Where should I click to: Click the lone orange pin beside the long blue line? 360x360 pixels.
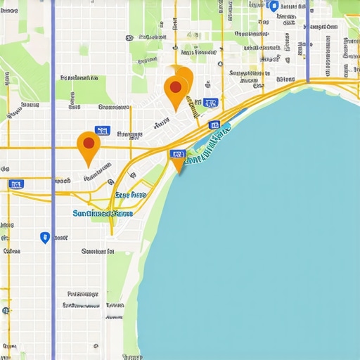[88, 146]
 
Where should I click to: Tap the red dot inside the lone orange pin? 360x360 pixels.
[88, 142]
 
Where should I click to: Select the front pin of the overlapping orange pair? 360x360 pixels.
[175, 91]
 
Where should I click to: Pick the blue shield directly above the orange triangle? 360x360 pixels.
[175, 154]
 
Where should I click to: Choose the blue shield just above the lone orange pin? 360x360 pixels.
[102, 130]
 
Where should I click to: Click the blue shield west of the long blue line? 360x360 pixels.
[16, 184]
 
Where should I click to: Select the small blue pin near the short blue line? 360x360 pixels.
[274, 6]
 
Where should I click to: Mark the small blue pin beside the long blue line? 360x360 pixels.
[45, 238]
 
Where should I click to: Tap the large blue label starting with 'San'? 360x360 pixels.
[103, 213]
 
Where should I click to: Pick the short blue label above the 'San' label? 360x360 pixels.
[131, 195]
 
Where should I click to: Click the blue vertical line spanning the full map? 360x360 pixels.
[53, 281]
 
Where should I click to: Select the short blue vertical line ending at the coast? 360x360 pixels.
[307, 42]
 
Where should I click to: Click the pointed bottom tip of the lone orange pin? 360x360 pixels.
[89, 166]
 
